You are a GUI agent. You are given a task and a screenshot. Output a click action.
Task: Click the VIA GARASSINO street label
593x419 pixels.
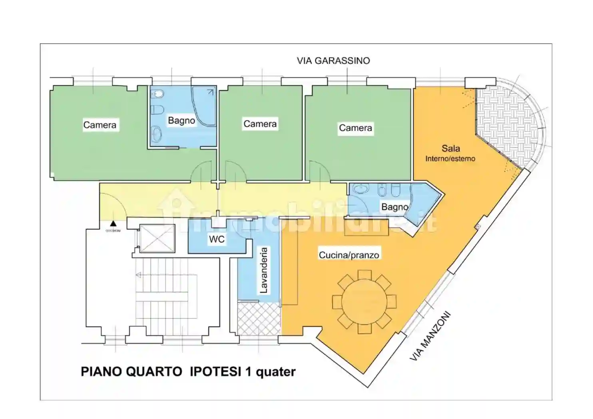333,61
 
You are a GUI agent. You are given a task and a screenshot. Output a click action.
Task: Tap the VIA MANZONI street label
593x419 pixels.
430,336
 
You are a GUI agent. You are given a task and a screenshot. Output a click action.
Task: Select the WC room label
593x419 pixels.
217,239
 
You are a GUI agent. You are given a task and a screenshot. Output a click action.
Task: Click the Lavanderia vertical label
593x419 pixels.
264,271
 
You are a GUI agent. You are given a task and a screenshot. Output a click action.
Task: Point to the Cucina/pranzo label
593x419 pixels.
348,255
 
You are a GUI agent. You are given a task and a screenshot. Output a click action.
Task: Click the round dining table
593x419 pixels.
364,302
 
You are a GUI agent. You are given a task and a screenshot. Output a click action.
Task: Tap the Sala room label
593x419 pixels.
450,148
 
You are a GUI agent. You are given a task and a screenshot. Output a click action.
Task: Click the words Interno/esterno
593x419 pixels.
450,159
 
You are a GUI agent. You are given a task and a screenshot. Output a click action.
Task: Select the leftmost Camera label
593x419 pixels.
99,125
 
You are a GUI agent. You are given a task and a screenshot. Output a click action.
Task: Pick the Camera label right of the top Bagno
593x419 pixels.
260,124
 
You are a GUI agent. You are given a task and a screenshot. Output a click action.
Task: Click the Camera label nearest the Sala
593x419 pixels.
355,128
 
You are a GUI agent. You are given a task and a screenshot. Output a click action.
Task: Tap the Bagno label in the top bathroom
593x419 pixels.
181,121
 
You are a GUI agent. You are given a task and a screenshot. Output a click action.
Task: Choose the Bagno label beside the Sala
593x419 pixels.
394,207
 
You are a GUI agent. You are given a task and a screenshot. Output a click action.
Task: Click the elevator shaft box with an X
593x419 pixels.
157,239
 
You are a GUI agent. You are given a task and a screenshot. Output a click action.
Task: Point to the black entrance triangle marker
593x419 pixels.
113,224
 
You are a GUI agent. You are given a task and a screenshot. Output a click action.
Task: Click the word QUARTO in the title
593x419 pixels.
154,372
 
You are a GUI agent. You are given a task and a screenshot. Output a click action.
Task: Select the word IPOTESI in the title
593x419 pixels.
215,372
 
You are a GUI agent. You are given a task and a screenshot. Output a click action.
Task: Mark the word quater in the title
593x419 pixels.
275,372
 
